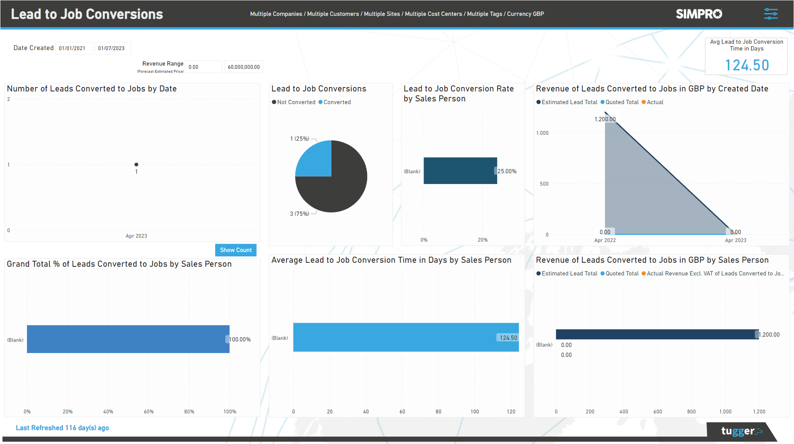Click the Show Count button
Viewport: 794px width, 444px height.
pyautogui.click(x=235, y=250)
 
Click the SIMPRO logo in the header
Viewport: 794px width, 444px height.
pyautogui.click(x=699, y=14)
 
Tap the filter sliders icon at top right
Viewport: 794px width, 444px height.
pyautogui.click(x=771, y=14)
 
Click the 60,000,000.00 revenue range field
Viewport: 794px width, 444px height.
pyautogui.click(x=243, y=67)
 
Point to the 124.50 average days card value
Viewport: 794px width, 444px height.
pyautogui.click(x=747, y=65)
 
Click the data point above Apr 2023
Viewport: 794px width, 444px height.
pyautogui.click(x=136, y=165)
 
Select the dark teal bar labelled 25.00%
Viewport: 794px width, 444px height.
pyautogui.click(x=460, y=171)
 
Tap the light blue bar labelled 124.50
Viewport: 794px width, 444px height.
pyautogui.click(x=406, y=337)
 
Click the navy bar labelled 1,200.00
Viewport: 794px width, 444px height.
pyautogui.click(x=656, y=334)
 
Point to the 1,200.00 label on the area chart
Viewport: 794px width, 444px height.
pyautogui.click(x=605, y=119)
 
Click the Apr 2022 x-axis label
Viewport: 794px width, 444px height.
pyautogui.click(x=605, y=240)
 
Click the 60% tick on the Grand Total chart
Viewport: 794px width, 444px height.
pyautogui.click(x=149, y=411)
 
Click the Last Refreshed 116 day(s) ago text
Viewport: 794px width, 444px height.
pyautogui.click(x=62, y=428)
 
